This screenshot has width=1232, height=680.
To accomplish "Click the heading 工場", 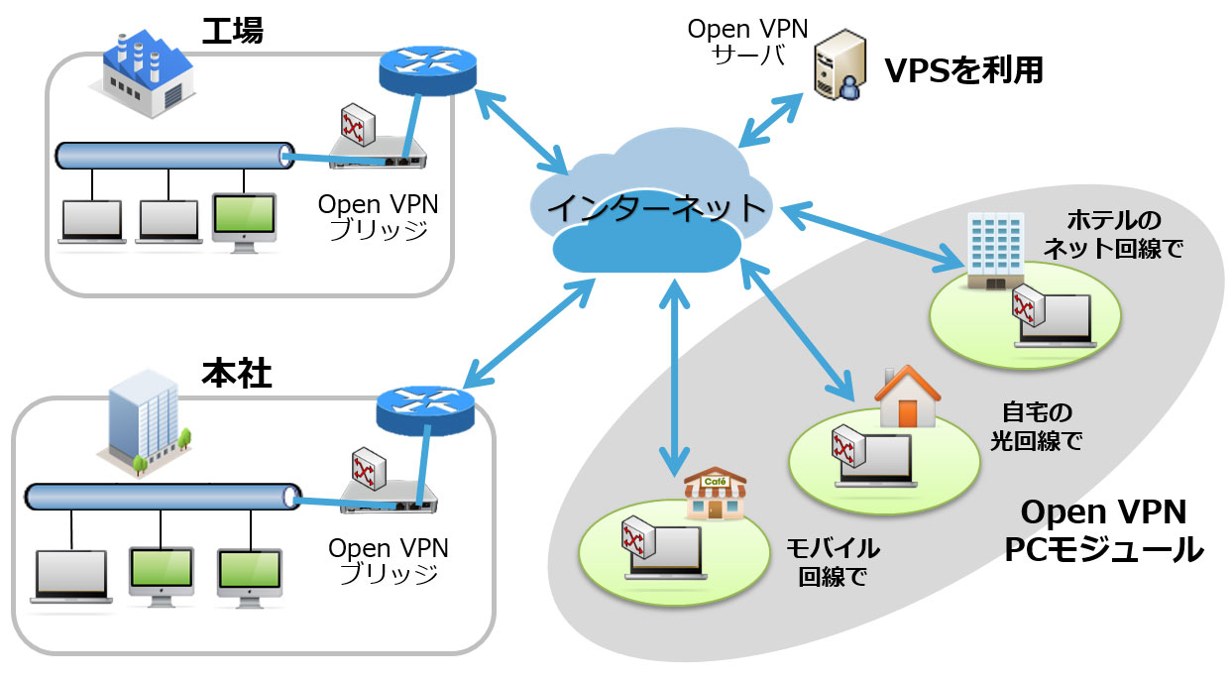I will click(232, 30).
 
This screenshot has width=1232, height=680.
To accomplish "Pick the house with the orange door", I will click(906, 397).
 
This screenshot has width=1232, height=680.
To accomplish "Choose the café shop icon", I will click(715, 495).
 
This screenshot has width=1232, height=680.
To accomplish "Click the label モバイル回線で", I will click(833, 562).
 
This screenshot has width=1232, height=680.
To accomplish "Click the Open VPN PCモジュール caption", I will click(1103, 530).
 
